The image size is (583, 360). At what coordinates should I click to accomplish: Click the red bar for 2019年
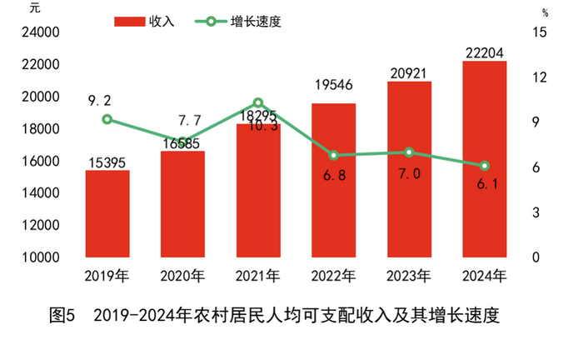pos(107,214)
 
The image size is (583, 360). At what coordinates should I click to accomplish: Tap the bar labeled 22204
pos(485,159)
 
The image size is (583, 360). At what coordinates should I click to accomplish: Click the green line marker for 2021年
pos(258,102)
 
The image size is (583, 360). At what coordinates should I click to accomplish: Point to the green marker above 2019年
pos(107,119)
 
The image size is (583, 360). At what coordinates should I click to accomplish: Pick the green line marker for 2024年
pos(485,166)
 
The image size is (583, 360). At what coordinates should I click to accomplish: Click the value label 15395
pos(106,162)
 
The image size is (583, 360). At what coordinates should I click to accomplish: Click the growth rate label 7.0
pos(409,173)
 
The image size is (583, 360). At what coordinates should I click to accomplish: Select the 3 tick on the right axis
pos(536,212)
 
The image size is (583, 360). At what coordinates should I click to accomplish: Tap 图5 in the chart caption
pos(62,317)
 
